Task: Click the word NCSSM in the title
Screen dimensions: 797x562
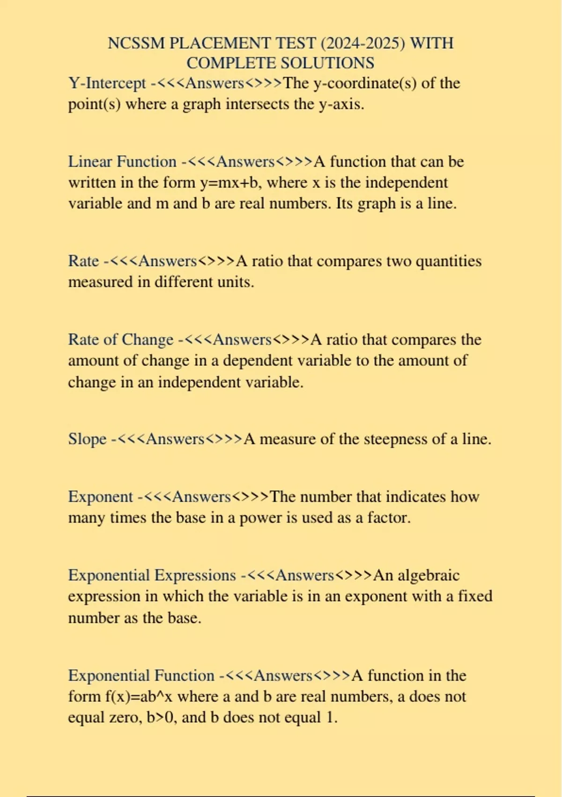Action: tap(136, 43)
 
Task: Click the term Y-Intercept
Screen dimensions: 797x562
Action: tap(107, 83)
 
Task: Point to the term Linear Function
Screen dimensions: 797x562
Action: tap(122, 162)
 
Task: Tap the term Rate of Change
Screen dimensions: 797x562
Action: tap(120, 339)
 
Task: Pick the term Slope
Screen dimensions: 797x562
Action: tap(87, 439)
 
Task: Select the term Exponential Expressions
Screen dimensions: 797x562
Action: tap(152, 575)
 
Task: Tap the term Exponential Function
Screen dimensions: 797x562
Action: tap(141, 676)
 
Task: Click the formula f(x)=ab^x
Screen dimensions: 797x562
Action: tap(120, 696)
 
